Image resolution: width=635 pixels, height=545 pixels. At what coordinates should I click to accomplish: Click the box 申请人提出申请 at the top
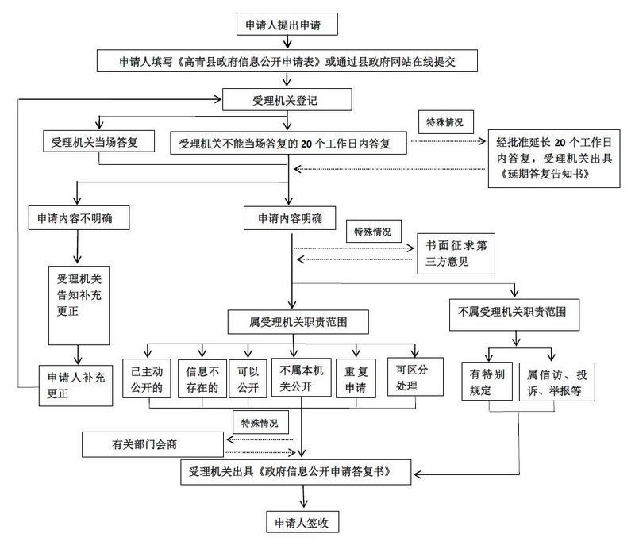pos(288,25)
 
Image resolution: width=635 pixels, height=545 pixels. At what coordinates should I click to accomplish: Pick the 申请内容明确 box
pos(288,217)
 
